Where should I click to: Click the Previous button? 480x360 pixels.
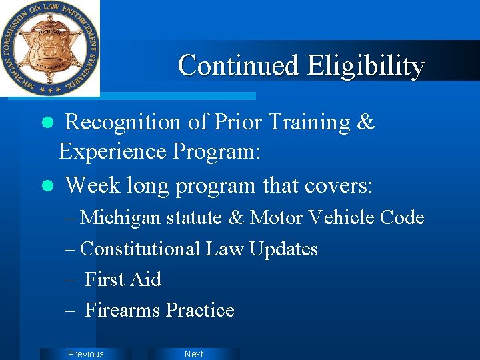click(x=86, y=354)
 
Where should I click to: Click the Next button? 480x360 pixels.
click(x=193, y=354)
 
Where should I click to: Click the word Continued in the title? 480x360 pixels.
click(x=238, y=65)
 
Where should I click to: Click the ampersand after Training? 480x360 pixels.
click(x=365, y=123)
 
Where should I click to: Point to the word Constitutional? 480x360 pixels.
click(x=140, y=249)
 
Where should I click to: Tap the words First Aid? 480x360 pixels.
click(x=123, y=279)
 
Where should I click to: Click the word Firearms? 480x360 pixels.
click(x=123, y=310)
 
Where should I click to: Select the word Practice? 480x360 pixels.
click(x=200, y=310)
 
